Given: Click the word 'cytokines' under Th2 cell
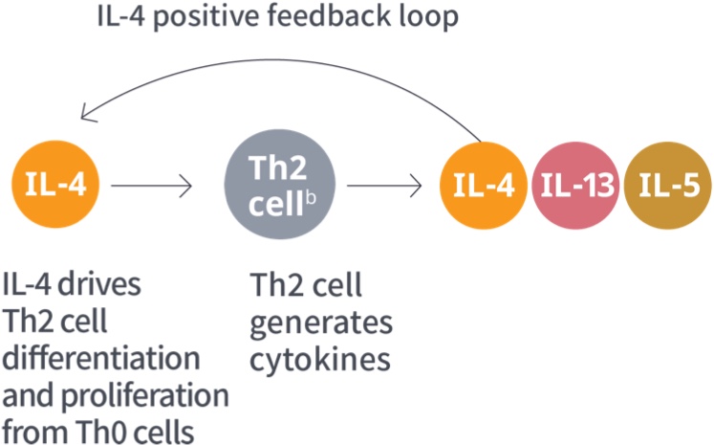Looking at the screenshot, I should pyautogui.click(x=318, y=359).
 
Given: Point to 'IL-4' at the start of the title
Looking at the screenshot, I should pyautogui.click(x=125, y=17).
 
